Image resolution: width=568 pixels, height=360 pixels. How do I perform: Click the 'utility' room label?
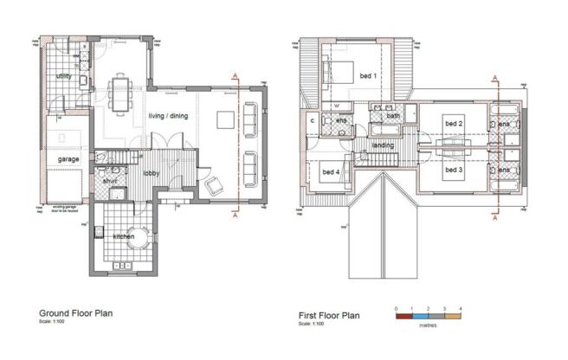click(x=62, y=77)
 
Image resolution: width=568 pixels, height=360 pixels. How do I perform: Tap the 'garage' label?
click(x=68, y=160)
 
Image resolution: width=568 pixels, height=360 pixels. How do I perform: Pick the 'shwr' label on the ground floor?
click(x=110, y=181)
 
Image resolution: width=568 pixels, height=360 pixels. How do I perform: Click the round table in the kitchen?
click(x=132, y=245)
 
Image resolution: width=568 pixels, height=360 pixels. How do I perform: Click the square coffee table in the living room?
click(x=227, y=119)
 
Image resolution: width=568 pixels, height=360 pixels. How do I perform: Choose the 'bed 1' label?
click(x=367, y=77)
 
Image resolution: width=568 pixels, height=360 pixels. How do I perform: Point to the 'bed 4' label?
click(x=331, y=172)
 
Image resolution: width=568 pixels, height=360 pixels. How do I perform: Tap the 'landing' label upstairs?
click(x=383, y=145)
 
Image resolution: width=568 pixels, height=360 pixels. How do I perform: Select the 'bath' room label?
click(x=393, y=115)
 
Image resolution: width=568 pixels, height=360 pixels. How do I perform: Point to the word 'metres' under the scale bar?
click(x=428, y=326)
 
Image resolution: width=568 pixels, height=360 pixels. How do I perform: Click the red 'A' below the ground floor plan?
click(x=236, y=218)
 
